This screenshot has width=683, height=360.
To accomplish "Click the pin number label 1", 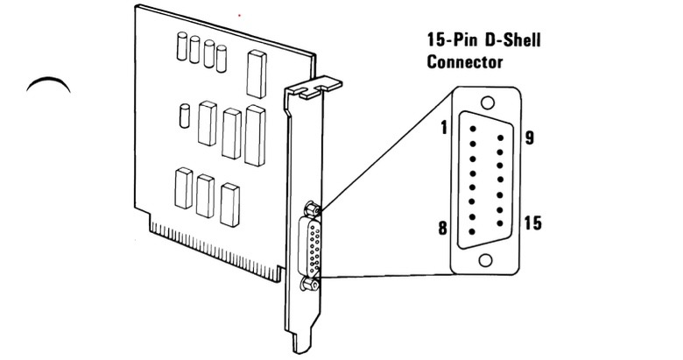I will coord(445,128).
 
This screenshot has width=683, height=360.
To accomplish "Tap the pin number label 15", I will coord(532,223).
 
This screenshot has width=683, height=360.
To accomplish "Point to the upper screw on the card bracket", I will coord(310,208).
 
